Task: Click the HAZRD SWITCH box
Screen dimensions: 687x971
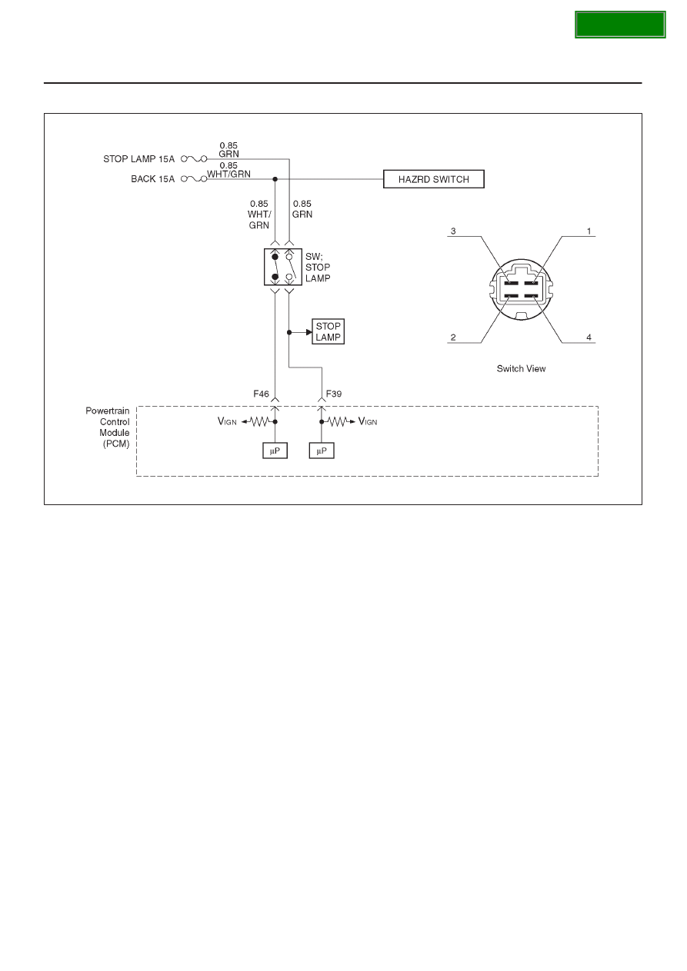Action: pos(433,179)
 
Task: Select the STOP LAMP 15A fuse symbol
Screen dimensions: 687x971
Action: pos(194,159)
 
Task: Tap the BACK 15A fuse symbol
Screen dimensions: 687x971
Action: pos(194,178)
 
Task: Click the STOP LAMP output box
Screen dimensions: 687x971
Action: pos(328,331)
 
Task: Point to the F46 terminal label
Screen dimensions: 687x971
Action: pos(261,394)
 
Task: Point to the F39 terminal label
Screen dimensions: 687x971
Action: pos(334,394)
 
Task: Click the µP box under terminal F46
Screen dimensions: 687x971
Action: pos(275,451)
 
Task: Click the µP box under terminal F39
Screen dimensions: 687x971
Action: pos(322,451)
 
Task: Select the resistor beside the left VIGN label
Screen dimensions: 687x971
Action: pos(260,421)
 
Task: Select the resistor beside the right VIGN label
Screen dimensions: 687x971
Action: pos(337,421)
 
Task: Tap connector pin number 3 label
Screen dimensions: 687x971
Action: pos(453,231)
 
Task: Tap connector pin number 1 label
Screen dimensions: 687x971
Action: pos(589,231)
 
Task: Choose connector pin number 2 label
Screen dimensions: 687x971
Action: pos(453,338)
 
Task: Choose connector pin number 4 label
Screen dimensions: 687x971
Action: pos(589,338)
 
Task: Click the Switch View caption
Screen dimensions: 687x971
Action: pos(521,368)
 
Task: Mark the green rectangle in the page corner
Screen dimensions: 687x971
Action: pos(620,25)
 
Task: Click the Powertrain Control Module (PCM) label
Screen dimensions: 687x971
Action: pos(108,427)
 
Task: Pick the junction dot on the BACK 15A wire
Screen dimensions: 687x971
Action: pos(275,179)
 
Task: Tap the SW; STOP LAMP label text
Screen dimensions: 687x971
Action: pos(318,267)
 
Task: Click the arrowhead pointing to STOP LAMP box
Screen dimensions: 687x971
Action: pos(308,332)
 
